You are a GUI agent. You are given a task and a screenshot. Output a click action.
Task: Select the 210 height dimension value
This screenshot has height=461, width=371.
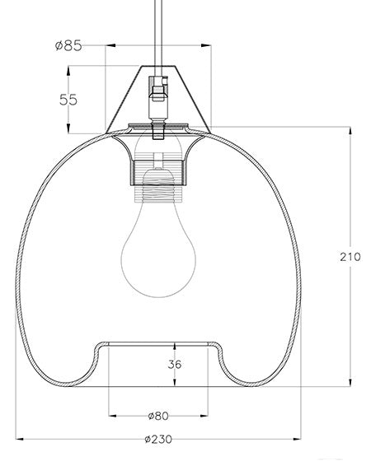coord(349,257)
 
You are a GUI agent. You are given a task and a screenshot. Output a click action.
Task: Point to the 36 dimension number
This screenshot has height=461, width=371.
coord(173,363)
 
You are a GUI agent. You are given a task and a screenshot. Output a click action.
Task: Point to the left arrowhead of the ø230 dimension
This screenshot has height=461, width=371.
coord(19,440)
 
